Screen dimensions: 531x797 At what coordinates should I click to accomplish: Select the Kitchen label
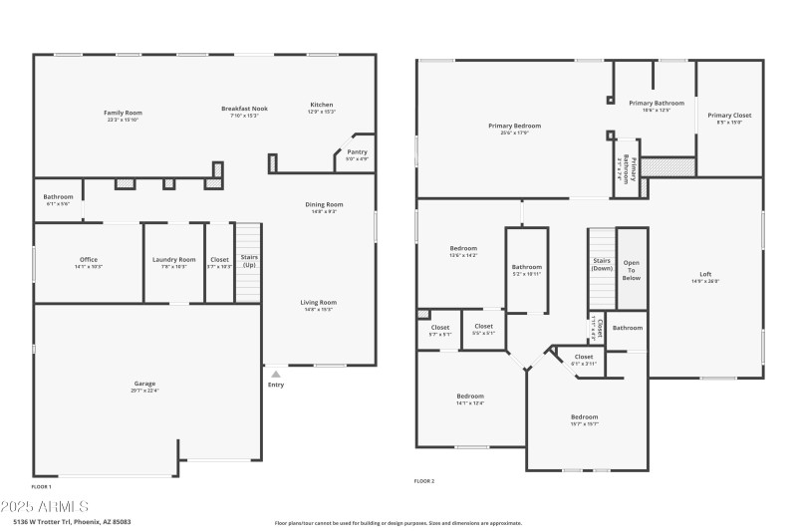tap(321, 105)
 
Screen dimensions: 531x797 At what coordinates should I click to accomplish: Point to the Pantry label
tap(357, 152)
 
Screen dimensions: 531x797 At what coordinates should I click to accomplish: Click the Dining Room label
tap(324, 204)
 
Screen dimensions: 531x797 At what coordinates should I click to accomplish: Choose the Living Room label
tap(319, 302)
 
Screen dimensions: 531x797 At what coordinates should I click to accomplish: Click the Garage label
tap(145, 384)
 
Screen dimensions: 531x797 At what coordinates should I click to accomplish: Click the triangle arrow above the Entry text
tap(276, 374)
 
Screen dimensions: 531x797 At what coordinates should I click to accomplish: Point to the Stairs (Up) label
tap(248, 262)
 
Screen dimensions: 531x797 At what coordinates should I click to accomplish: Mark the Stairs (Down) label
tap(602, 265)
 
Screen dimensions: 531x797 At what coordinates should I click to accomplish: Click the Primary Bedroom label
tap(514, 126)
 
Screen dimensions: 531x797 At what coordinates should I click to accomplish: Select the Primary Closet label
tap(729, 116)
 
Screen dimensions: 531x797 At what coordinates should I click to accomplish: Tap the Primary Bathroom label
tap(656, 103)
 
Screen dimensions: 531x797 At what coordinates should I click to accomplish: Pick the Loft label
tap(705, 275)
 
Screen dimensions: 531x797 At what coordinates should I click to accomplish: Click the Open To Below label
tap(632, 270)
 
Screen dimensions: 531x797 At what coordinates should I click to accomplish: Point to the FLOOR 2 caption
tap(424, 481)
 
